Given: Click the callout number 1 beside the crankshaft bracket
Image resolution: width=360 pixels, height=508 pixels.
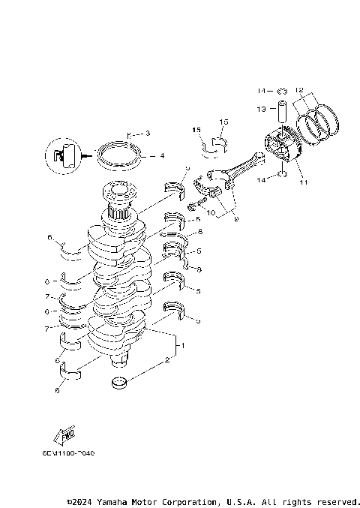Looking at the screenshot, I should point(180,347).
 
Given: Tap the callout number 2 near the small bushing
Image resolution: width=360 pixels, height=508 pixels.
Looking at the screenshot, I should point(168,361).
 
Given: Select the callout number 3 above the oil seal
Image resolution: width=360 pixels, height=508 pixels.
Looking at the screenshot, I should point(148,133).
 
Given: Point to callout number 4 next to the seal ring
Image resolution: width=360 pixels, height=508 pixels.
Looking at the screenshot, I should point(161,156).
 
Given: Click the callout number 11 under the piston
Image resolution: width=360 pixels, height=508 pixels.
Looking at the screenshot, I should point(303,182).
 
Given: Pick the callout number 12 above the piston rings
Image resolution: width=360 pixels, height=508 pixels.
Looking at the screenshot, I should point(299,89).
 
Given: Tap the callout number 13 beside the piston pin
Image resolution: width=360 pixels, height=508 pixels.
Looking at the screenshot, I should point(262,109).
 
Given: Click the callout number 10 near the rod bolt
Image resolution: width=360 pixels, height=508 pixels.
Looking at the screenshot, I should point(211,213).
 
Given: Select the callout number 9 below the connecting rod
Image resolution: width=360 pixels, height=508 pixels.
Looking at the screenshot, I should point(235,220).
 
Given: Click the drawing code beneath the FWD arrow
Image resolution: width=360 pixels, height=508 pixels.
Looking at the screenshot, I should point(69,453).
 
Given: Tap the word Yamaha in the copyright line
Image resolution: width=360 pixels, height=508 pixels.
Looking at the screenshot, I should point(107,501).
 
